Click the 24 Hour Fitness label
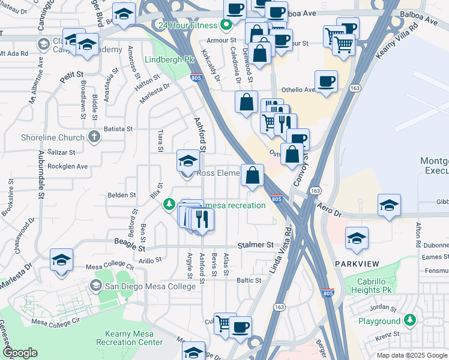pyautogui.click(x=186, y=25)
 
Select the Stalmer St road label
pyautogui.click(x=255, y=245)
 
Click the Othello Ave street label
pyautogui.click(x=298, y=90)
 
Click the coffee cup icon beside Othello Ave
pyautogui.click(x=326, y=82)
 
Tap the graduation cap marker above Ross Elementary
pyautogui.click(x=188, y=161)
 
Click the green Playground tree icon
pyautogui.click(x=410, y=320)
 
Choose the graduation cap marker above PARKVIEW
pyautogui.click(x=357, y=238)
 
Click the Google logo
pyautogui.click(x=20, y=353)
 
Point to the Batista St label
pyautogui.click(x=118, y=128)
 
